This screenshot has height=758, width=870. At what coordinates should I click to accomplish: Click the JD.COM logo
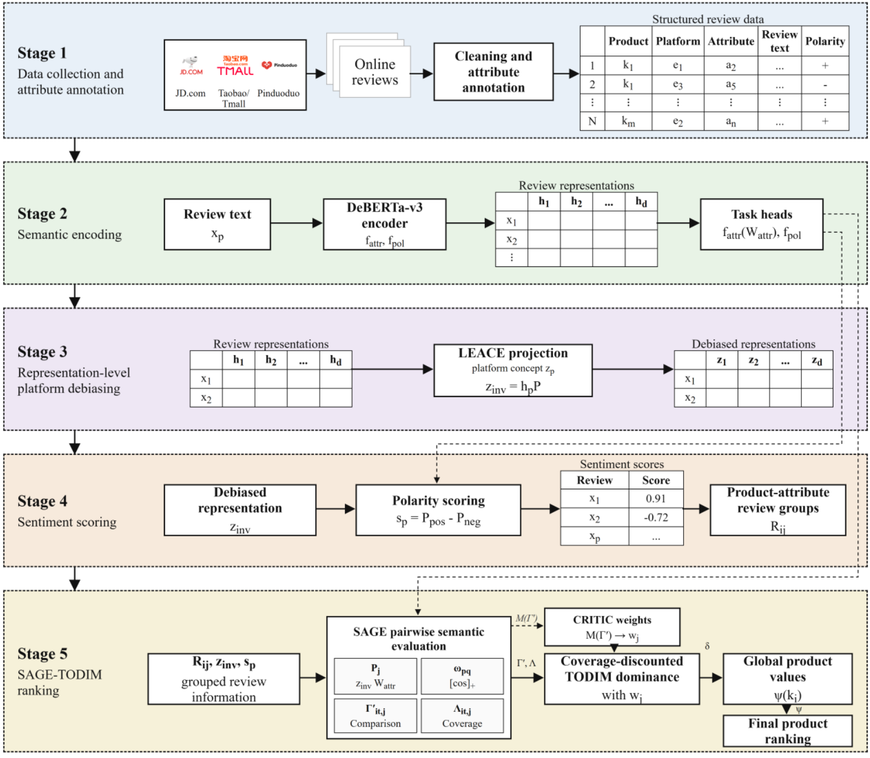click(191, 65)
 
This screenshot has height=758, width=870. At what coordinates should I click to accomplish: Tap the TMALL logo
click(235, 65)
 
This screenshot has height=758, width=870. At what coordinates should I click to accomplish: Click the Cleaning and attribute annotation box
click(493, 72)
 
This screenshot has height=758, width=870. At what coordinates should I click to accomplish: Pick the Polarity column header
click(825, 41)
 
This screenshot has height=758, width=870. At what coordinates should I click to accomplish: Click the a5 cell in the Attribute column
click(731, 84)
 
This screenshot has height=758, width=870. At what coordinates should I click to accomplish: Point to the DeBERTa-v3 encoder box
click(385, 224)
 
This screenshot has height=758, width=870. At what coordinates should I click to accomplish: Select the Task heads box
click(762, 224)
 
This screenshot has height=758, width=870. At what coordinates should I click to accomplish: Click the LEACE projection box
click(513, 370)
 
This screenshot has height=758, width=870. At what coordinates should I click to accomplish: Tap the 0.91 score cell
click(656, 498)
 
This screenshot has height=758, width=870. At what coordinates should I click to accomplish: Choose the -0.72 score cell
click(656, 517)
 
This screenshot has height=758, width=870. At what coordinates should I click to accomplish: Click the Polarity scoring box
click(438, 510)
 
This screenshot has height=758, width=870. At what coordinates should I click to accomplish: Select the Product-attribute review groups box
click(778, 510)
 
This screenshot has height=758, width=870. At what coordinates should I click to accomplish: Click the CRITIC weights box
click(612, 627)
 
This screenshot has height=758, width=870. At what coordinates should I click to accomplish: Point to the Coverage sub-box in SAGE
click(462, 716)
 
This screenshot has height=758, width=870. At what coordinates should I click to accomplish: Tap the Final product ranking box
click(787, 731)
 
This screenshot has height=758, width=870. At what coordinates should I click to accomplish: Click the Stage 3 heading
click(42, 352)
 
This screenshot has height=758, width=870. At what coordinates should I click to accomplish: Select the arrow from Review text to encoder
click(296, 223)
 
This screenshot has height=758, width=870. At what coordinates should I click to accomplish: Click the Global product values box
click(787, 679)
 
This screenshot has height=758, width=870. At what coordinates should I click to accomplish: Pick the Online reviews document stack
click(369, 65)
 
